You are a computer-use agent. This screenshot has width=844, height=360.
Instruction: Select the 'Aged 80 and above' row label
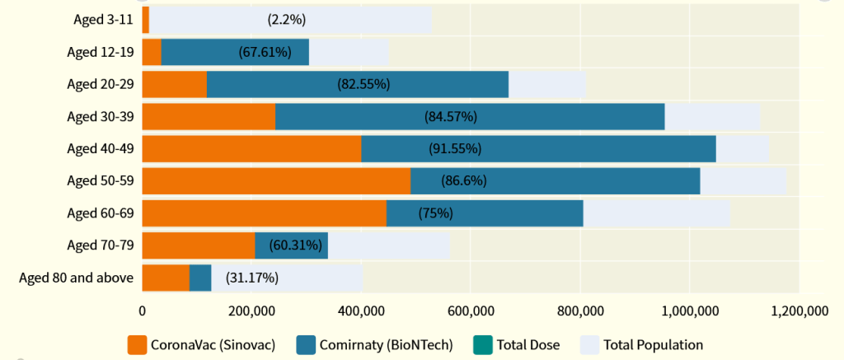tap(76, 278)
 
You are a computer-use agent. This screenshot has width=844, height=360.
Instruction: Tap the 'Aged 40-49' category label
tap(100, 149)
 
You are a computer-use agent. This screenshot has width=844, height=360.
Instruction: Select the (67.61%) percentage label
tap(265, 52)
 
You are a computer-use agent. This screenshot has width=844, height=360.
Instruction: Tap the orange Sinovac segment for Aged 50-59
tap(276, 181)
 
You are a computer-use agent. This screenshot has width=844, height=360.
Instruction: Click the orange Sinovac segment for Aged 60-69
tap(264, 213)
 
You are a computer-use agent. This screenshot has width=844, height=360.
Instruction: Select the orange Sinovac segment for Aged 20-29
tap(174, 84)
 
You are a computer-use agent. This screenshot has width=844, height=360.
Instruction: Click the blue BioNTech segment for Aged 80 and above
tap(200, 278)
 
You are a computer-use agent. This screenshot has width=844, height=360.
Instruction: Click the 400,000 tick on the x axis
tap(361, 311)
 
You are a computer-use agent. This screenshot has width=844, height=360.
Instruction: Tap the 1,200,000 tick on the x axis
tap(799, 311)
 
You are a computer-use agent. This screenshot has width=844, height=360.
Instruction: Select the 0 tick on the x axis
tap(143, 311)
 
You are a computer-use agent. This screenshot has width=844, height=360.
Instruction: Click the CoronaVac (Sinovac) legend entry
tap(201, 344)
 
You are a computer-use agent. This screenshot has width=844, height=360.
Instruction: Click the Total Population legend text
tap(653, 344)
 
